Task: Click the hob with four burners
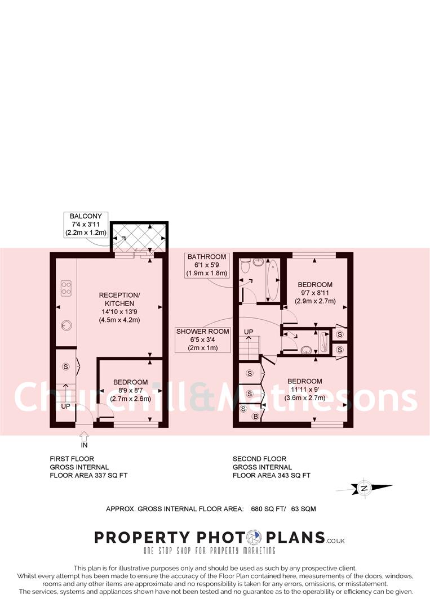point(67,288)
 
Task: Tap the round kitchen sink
point(67,324)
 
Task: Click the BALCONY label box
point(85,224)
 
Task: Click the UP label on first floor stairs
point(66,405)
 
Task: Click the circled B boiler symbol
point(255,417)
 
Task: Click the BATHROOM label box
point(207,265)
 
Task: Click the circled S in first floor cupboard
point(66,366)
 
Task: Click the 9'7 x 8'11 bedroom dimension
point(315,293)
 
